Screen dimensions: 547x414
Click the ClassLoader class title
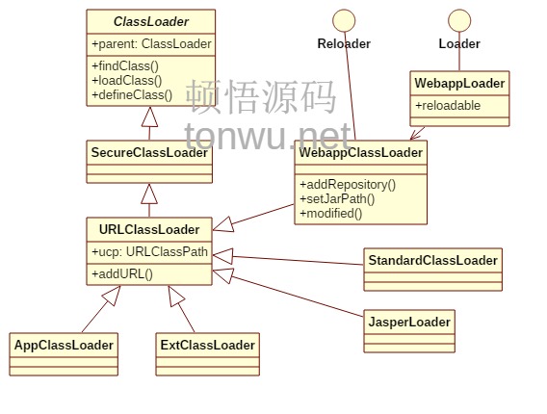pos(151,21)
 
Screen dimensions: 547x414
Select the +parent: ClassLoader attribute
pos(151,44)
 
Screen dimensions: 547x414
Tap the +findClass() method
pos(125,65)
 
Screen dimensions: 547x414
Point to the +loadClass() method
pos(126,81)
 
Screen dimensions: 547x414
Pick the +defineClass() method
pos(132,95)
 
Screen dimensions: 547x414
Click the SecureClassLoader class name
pos(149,152)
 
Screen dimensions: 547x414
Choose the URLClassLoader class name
pos(149,229)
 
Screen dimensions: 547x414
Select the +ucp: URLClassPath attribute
pos(149,251)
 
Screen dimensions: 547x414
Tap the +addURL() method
pos(122,273)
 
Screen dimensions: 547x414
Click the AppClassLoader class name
pos(64,346)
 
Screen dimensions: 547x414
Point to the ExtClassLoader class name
pos(208,346)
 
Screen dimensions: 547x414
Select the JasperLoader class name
pos(409,322)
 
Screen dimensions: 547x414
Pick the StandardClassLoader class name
pos(433,261)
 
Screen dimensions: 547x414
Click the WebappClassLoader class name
pos(361,152)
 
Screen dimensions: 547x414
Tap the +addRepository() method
pos(348,185)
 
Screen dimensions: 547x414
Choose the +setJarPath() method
pos(337,198)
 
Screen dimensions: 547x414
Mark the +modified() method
pos(331,213)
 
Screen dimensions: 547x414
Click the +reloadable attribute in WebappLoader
pos(448,105)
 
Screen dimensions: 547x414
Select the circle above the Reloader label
pos(344,20)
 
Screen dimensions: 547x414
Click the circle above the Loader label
pos(459,20)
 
